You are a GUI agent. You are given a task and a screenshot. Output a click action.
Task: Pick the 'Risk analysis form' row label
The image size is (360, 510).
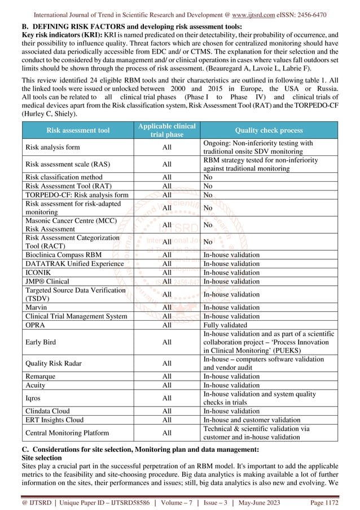[x=52, y=147]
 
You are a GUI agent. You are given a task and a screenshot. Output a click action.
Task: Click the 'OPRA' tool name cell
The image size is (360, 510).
[x=35, y=325]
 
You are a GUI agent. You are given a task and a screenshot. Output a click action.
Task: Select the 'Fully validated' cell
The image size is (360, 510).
[x=225, y=325]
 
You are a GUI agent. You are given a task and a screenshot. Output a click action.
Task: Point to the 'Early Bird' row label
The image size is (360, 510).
[x=41, y=341]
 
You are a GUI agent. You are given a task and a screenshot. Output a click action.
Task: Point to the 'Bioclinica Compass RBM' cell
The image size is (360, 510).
[x=63, y=255]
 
